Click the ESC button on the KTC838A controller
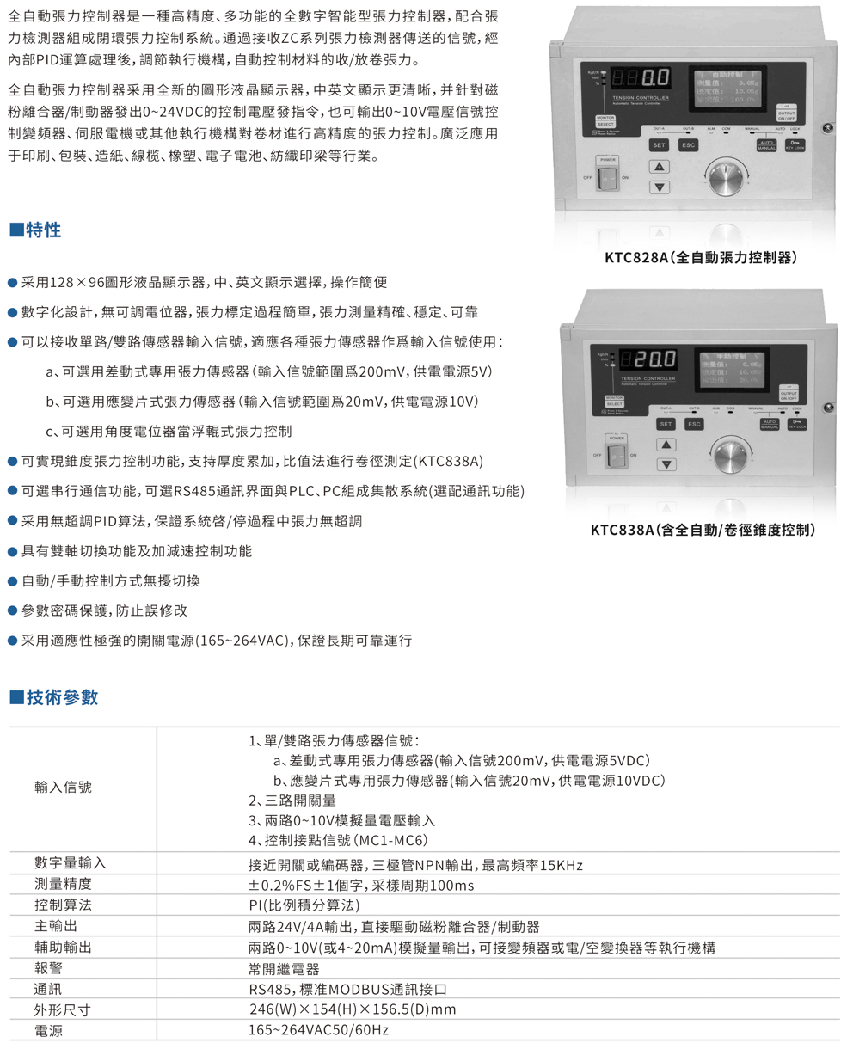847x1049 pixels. pos(694,424)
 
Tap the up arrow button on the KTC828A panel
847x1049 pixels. pos(659,167)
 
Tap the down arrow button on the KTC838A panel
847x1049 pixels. pos(666,464)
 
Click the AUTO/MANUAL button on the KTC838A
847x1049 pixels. pos(769,424)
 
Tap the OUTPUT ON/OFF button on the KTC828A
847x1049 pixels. pos(787,113)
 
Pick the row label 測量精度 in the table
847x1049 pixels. pos(63,885)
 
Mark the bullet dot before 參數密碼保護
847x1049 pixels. pos(12,610)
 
